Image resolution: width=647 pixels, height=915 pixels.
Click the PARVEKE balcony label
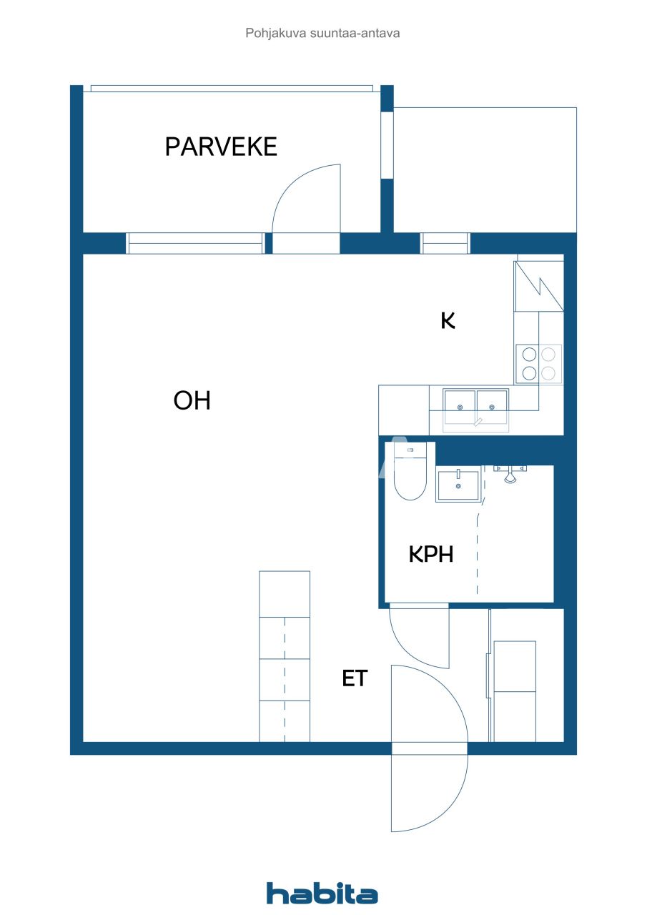221,147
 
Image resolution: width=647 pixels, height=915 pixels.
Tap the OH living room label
192,401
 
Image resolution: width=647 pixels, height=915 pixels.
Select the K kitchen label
448,321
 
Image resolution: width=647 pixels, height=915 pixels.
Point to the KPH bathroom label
431,554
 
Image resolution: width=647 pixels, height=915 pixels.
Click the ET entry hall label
355,678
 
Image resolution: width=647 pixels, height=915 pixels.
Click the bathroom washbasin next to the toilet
458,486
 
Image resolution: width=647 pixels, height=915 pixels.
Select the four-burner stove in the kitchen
538,363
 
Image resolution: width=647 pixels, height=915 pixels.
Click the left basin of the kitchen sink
460,405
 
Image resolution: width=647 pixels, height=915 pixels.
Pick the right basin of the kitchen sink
492,405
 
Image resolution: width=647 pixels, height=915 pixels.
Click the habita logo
322,893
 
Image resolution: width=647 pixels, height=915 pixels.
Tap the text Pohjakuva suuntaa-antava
322,33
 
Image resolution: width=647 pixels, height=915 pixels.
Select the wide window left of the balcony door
195,244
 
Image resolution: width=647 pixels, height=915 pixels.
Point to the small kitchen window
445,244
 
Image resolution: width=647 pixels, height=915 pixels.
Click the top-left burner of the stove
529,354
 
